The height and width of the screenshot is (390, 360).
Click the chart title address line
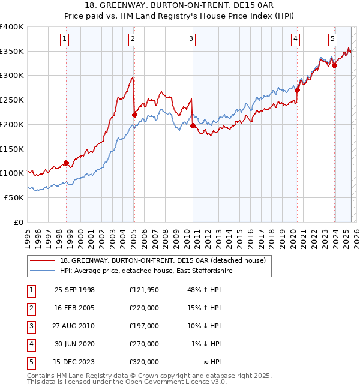pos(180,6)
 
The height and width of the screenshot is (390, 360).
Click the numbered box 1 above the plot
pos(64,40)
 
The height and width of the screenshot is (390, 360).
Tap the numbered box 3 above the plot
pos(191,40)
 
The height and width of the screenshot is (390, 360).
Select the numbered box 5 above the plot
pos(332,40)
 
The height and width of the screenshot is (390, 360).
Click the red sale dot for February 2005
pos(134,115)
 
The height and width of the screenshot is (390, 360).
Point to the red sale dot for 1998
pos(66,163)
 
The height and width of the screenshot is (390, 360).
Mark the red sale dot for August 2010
pos(193,126)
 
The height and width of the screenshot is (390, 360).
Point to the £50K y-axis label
pos(14,197)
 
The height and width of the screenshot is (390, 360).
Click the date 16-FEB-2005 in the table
pos(74,308)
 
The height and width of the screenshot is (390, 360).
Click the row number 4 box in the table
pos(29,344)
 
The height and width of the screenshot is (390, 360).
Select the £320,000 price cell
pos(144,362)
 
